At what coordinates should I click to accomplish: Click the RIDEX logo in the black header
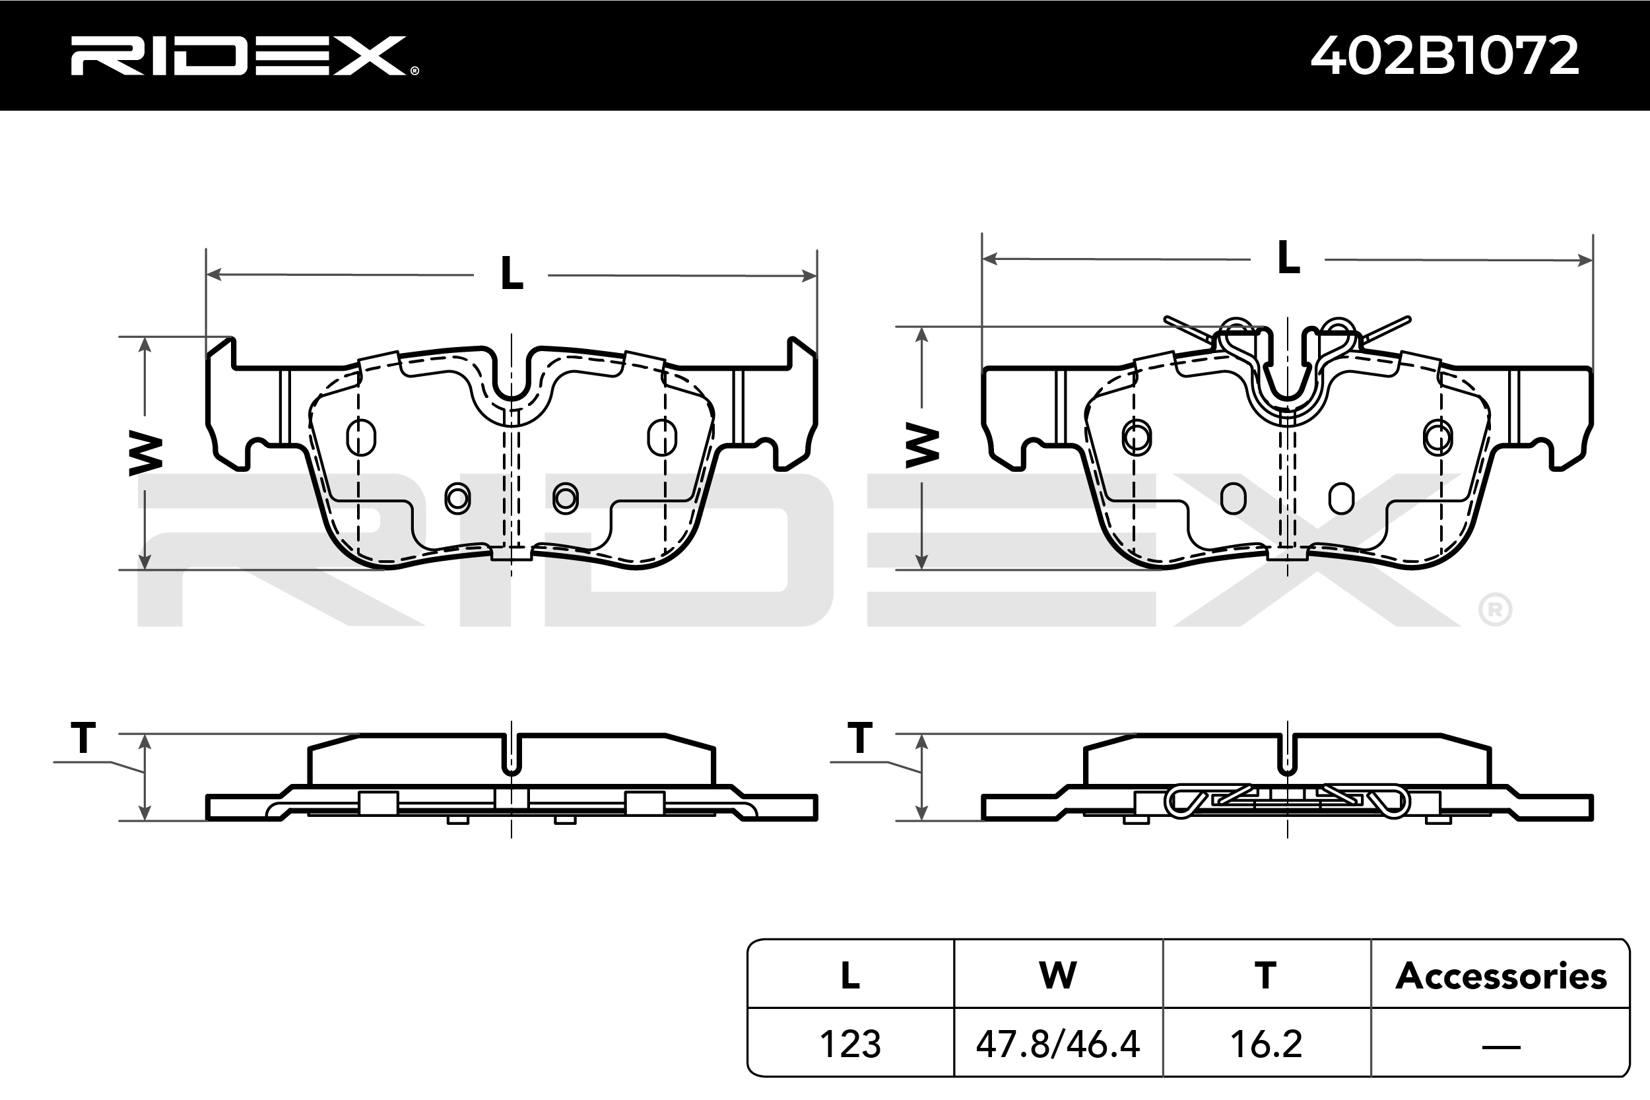[x=244, y=55]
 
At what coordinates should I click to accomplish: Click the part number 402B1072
[x=1445, y=55]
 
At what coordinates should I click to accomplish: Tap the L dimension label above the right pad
[x=1288, y=257]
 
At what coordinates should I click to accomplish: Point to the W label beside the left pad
[x=146, y=453]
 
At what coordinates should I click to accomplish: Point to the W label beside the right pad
[x=922, y=444]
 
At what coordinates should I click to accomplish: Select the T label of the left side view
[x=83, y=737]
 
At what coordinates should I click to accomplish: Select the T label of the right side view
[x=860, y=737]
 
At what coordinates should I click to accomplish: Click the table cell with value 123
[x=850, y=1044]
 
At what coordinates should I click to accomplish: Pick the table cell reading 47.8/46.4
[x=1058, y=1044]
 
